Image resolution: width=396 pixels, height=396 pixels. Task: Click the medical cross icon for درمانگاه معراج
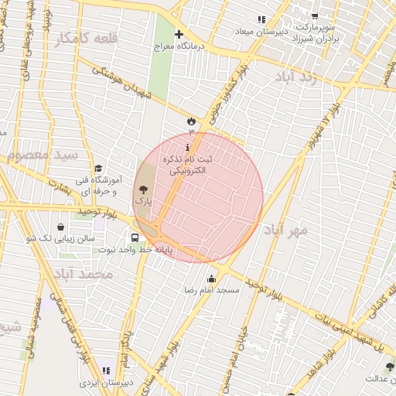[x=179, y=35]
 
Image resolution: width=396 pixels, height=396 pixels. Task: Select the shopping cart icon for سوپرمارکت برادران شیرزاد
[x=315, y=15]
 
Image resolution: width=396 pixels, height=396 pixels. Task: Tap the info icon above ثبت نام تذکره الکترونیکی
[x=187, y=147]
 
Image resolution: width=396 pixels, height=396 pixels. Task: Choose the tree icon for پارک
[x=142, y=189]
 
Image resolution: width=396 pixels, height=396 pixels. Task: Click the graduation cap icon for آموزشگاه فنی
[x=98, y=169]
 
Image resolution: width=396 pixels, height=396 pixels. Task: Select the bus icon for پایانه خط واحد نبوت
[x=135, y=238]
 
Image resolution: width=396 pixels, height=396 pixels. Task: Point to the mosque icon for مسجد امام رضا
[x=211, y=278]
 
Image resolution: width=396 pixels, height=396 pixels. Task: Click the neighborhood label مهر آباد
[x=285, y=230]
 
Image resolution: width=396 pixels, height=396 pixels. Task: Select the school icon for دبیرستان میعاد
[x=261, y=19]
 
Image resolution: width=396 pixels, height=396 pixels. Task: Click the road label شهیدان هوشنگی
[x=128, y=84]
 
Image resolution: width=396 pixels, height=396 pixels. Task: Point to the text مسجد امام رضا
[x=217, y=290]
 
